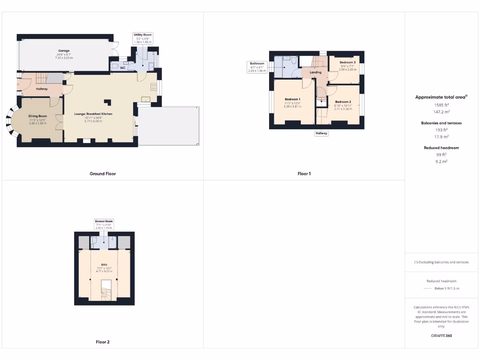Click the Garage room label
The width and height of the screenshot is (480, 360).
pyautogui.click(x=64, y=51)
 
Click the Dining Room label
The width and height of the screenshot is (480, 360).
pyautogui.click(x=37, y=116)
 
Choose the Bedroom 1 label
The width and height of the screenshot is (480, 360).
pyautogui.click(x=292, y=99)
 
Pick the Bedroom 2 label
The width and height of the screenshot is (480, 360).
pyautogui.click(x=343, y=102)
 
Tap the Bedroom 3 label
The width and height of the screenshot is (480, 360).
pyautogui.click(x=347, y=62)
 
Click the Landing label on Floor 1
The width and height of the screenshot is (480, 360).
pyautogui.click(x=315, y=72)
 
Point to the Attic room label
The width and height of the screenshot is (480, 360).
pyautogui.click(x=105, y=265)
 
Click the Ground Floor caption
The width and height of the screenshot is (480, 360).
pyautogui.click(x=103, y=173)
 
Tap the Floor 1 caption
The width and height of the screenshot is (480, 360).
pyautogui.click(x=304, y=173)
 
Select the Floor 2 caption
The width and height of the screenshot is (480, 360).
pyautogui.click(x=103, y=342)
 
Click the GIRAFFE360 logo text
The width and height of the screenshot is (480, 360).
pyautogui.click(x=441, y=336)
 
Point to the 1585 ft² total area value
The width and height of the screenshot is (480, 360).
pyautogui.click(x=441, y=105)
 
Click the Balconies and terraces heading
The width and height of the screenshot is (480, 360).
pyautogui.click(x=441, y=123)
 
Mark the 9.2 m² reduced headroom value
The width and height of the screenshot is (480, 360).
pyautogui.click(x=441, y=161)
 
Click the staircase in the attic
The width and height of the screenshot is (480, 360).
pyautogui.click(x=106, y=291)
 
